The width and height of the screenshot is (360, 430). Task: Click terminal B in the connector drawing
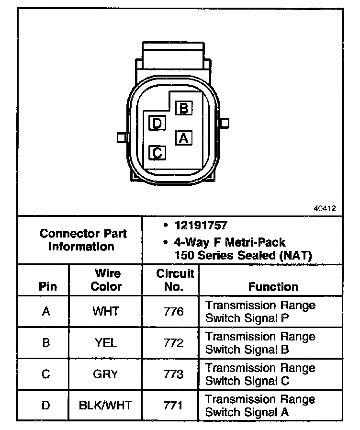tap(183, 108)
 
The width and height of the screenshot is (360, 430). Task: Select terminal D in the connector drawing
tap(157, 124)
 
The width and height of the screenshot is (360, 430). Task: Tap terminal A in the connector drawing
tap(183, 138)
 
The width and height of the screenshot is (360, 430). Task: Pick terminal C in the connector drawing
tap(157, 153)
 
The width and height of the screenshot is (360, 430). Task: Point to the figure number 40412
tap(325, 209)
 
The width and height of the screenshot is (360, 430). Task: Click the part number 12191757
tap(201, 225)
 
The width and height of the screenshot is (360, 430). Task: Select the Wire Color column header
tap(106, 280)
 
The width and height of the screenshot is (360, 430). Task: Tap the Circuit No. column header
tap(175, 280)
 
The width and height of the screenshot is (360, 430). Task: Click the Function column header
tap(273, 286)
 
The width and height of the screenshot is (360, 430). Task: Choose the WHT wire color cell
tap(106, 311)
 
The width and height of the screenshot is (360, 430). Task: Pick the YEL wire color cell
tap(106, 343)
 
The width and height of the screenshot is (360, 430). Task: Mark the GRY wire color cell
tap(106, 374)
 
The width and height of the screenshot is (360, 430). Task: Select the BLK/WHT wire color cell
tap(106, 405)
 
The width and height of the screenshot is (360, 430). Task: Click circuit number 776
tap(173, 312)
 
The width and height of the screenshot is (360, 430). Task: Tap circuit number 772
tap(173, 343)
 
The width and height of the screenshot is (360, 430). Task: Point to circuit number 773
tap(173, 374)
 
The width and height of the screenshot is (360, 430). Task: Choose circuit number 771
tap(173, 406)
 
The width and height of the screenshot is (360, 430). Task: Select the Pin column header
tap(48, 286)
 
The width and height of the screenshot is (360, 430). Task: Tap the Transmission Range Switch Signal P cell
tap(260, 311)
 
